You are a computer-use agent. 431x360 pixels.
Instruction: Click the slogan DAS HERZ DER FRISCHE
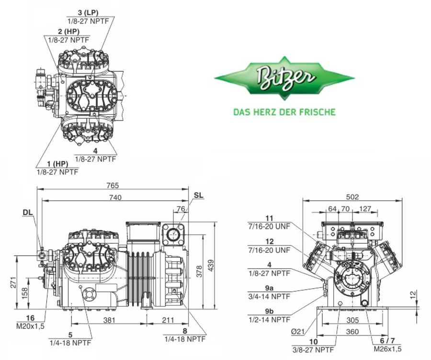[x=284, y=112]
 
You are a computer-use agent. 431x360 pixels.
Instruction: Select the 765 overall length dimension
[x=113, y=186]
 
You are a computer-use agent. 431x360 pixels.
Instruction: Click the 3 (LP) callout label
[x=88, y=13]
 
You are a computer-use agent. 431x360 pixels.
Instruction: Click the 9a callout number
[x=270, y=288]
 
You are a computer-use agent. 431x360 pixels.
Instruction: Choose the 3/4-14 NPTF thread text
[x=269, y=296]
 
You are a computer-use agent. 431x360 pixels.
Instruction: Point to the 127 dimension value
[x=365, y=209]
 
